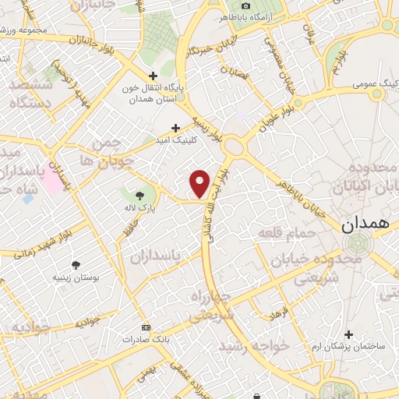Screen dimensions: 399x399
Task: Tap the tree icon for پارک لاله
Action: tap(139, 195)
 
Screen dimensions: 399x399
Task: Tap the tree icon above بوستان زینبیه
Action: tap(75, 265)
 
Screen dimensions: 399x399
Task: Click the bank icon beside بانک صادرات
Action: tap(144, 328)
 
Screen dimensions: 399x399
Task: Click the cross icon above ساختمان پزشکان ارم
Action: tap(348, 334)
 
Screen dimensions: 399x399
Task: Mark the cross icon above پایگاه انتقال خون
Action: tap(139, 75)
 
